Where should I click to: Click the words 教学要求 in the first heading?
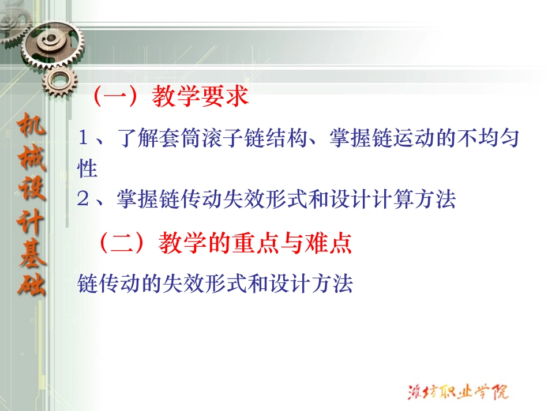[200, 96]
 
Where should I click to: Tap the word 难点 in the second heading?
[332, 243]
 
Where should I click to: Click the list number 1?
[84, 139]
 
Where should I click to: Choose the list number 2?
[84, 199]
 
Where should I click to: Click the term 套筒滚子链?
[190, 139]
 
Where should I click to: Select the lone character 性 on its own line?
[87, 169]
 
